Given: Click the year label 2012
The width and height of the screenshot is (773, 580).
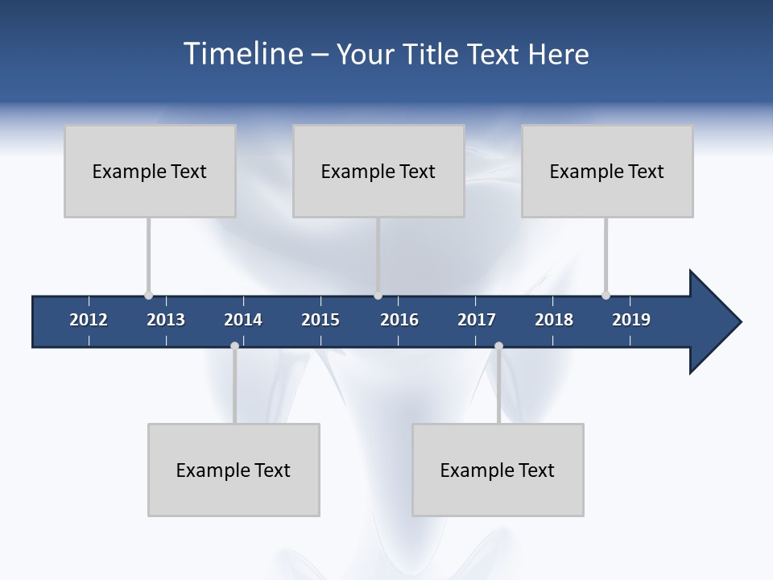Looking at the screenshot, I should [89, 320].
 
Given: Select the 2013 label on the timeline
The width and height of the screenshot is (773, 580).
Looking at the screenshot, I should [166, 320].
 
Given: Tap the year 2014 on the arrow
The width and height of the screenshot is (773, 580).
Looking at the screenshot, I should [243, 320].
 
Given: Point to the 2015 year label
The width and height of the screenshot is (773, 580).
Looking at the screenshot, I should [320, 320].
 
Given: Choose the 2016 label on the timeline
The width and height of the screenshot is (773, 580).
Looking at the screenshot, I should [399, 320].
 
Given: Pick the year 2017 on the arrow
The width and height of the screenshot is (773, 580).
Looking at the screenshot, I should [477, 320].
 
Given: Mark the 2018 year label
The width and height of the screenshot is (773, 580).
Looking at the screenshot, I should [554, 320].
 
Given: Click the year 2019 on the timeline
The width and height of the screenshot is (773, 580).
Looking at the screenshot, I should [631, 320].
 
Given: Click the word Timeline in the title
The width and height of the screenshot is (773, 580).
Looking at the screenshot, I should [242, 54].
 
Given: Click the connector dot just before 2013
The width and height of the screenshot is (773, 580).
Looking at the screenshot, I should [148, 295].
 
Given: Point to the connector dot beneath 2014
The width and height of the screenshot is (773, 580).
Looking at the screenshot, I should [234, 346].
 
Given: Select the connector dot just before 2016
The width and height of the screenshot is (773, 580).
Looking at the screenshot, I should [378, 295].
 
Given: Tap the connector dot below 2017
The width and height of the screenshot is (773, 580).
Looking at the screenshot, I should [498, 346].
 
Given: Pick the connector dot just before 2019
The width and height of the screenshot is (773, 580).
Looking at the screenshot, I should [606, 295].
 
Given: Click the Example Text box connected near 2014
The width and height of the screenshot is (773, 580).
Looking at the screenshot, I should [234, 470].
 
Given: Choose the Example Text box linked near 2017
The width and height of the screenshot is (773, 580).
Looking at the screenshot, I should [498, 470].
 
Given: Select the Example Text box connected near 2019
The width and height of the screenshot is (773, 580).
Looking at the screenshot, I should [607, 171].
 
